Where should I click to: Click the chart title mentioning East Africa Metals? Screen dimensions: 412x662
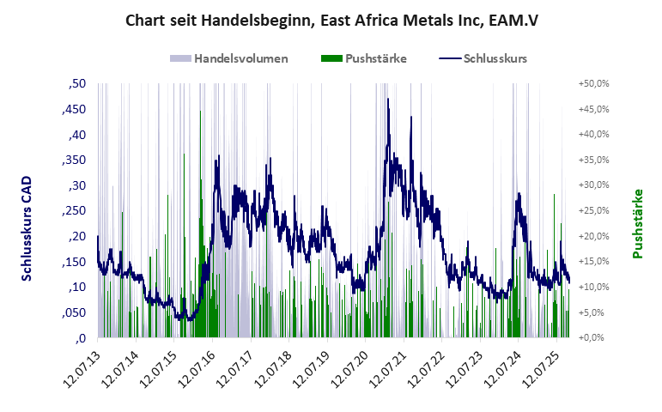point(331,19)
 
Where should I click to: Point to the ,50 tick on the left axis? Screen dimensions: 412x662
point(76,84)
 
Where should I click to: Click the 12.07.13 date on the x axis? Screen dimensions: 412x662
point(82,369)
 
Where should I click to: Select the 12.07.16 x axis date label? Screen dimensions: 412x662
point(197,369)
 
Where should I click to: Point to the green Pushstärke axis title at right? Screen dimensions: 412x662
point(638,223)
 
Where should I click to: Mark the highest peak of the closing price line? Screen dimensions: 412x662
point(388,100)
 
